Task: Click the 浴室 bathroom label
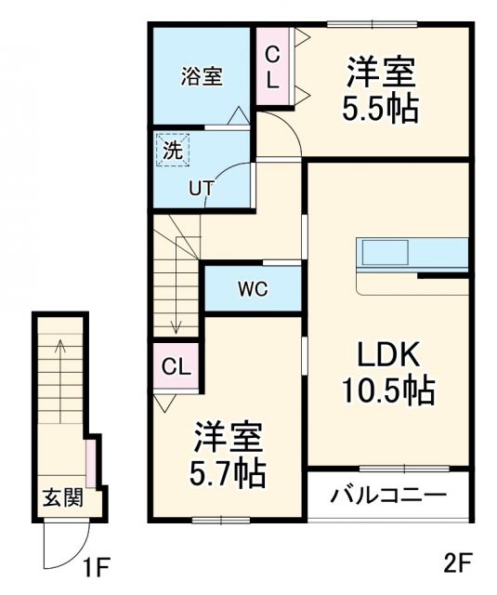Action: [201, 76]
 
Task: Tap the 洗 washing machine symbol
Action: [172, 149]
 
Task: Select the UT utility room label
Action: [202, 187]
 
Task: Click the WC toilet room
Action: [252, 288]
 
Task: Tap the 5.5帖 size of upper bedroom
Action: [381, 107]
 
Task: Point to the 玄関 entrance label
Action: [61, 497]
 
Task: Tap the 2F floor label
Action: [458, 562]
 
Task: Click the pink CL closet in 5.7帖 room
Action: [175, 366]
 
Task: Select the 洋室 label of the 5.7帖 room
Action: [229, 435]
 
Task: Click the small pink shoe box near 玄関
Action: [90, 459]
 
